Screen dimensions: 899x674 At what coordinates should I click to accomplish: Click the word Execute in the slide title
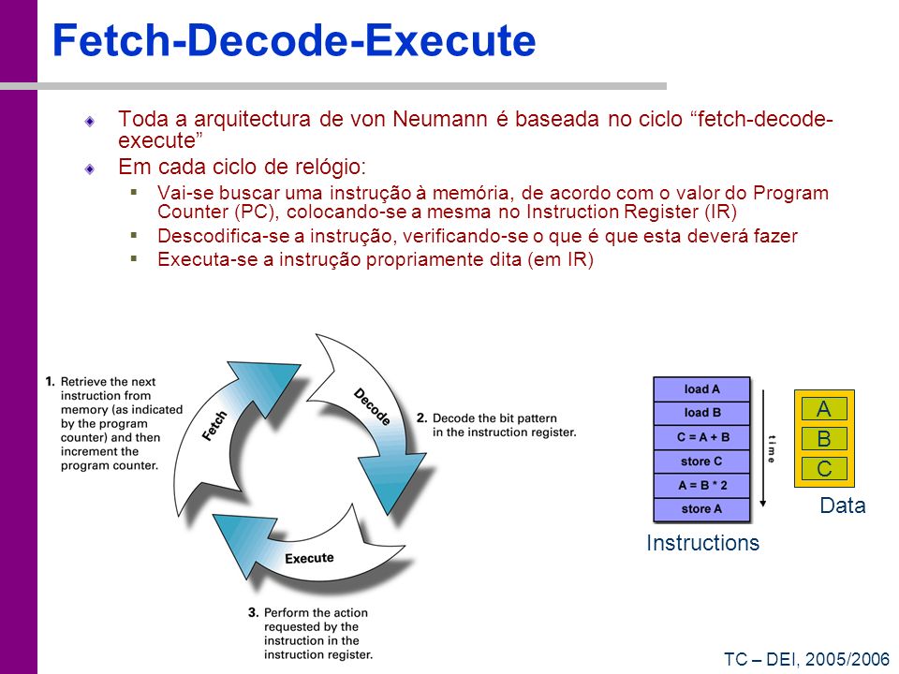(450, 40)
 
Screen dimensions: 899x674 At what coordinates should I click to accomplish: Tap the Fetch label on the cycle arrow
(215, 426)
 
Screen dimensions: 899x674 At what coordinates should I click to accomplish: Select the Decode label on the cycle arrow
(372, 407)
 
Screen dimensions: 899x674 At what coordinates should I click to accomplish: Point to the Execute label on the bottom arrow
(309, 558)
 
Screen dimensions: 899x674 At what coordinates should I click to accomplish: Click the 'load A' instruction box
(701, 389)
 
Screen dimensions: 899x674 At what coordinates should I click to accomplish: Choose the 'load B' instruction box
(701, 413)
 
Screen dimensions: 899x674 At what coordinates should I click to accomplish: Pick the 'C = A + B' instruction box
(701, 437)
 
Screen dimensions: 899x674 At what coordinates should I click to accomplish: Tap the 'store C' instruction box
(701, 461)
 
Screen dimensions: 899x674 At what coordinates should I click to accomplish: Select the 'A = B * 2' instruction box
(701, 485)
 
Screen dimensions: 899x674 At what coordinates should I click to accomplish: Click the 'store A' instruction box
(701, 509)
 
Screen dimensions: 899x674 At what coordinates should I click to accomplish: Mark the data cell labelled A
(824, 409)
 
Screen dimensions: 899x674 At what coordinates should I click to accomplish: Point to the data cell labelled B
(824, 438)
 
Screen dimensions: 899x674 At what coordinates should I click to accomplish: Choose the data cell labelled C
(824, 468)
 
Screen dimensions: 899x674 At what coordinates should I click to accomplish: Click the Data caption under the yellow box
(842, 505)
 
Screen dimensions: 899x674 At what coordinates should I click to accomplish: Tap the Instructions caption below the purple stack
(702, 542)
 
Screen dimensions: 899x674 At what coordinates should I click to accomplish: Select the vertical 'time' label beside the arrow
(772, 448)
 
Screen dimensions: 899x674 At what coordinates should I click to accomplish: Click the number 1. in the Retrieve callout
(50, 382)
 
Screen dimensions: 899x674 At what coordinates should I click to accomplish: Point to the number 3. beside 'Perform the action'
(254, 612)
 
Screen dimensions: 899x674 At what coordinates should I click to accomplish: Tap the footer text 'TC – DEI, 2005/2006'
(806, 659)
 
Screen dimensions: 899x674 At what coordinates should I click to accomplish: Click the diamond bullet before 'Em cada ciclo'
(90, 168)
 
